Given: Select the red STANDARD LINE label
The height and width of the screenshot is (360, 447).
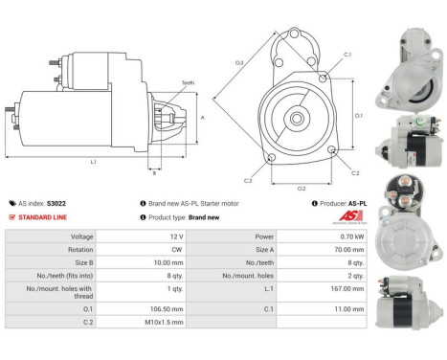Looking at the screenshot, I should (x=42, y=216).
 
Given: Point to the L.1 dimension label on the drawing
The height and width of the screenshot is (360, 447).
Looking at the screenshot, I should (x=94, y=161).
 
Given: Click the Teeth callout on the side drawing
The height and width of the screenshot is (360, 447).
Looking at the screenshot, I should (x=188, y=83).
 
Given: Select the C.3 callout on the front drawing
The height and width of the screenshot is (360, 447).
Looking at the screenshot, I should (x=248, y=180).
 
